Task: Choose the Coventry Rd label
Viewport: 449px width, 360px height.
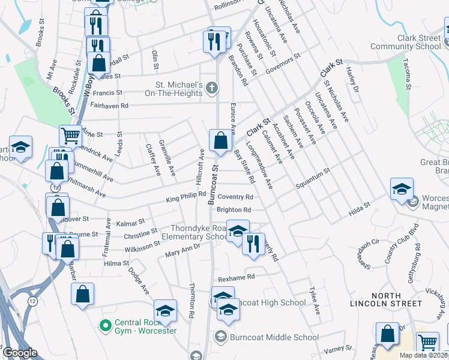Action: (235, 197)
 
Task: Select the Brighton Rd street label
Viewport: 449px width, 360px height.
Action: (234, 210)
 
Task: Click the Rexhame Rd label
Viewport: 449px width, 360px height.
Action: (237, 278)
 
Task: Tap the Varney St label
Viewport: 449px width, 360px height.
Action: (338, 349)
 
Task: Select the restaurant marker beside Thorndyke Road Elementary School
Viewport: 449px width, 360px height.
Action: (253, 244)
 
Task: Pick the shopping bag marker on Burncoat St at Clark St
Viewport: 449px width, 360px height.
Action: (221, 140)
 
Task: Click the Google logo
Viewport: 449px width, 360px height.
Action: (20, 353)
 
